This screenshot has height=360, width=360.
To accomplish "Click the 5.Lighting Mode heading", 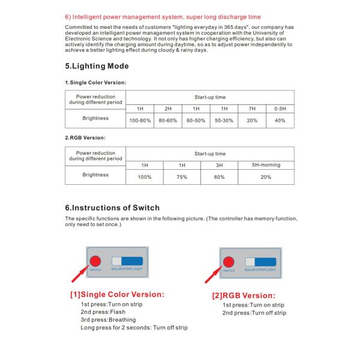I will (x=97, y=66).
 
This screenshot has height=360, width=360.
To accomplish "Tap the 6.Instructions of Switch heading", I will (x=112, y=208).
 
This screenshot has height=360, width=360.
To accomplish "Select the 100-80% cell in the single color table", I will (x=140, y=121).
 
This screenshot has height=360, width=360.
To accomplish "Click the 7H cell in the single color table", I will (x=252, y=108).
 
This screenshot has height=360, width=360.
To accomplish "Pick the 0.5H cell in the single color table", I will (x=280, y=108).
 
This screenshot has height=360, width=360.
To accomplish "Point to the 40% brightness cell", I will (x=280, y=121).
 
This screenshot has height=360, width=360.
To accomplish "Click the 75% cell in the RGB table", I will (x=182, y=177).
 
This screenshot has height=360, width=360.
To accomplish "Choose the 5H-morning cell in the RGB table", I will (x=266, y=164).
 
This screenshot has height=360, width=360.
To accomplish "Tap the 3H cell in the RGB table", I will (x=219, y=164).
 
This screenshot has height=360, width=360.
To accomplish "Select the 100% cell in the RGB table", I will (x=145, y=177).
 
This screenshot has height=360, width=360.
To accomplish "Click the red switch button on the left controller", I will (x=95, y=261).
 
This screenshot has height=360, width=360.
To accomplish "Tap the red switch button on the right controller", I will (x=228, y=262).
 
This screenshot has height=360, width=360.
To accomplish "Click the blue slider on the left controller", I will (x=128, y=261).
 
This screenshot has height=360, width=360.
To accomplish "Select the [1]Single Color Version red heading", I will (x=117, y=295).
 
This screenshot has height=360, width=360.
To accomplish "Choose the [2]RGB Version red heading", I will (x=244, y=295).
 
